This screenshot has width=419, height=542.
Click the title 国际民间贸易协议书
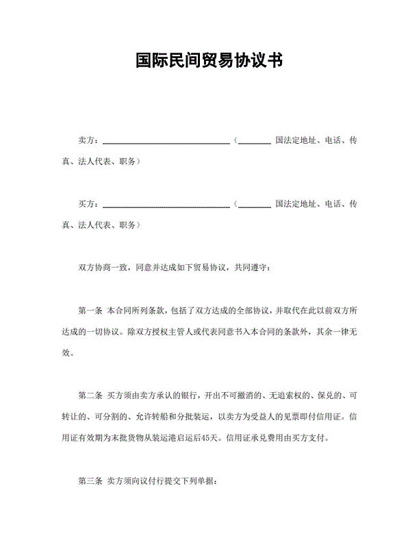point(209,62)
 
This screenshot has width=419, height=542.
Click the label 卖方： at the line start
point(90,141)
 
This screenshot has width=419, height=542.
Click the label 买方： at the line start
point(90,204)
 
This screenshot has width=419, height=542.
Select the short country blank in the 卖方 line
point(255,142)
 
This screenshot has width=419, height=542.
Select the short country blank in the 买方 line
point(255,205)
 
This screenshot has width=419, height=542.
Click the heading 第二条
point(90,396)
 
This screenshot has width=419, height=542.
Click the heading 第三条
point(90,480)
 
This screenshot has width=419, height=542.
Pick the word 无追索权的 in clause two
point(275,396)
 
